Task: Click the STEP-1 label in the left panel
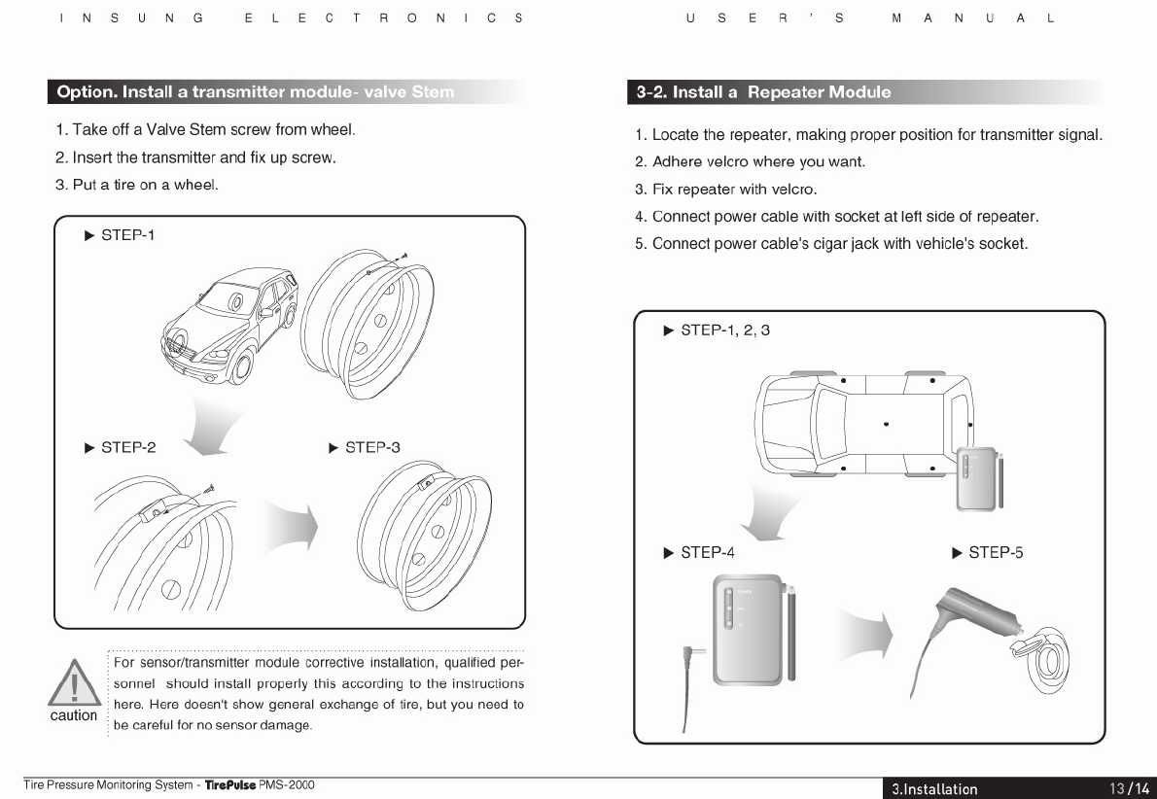127,235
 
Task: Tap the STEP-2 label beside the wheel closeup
127,448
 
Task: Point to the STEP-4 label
707,553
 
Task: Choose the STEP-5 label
995,553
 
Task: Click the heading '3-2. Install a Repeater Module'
763,92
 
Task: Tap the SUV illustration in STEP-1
229,326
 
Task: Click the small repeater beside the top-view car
977,478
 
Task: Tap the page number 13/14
1129,788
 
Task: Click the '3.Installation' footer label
934,788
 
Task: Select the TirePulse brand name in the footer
229,785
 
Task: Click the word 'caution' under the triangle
74,716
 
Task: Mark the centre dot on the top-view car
886,424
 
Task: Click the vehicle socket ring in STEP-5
1048,658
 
